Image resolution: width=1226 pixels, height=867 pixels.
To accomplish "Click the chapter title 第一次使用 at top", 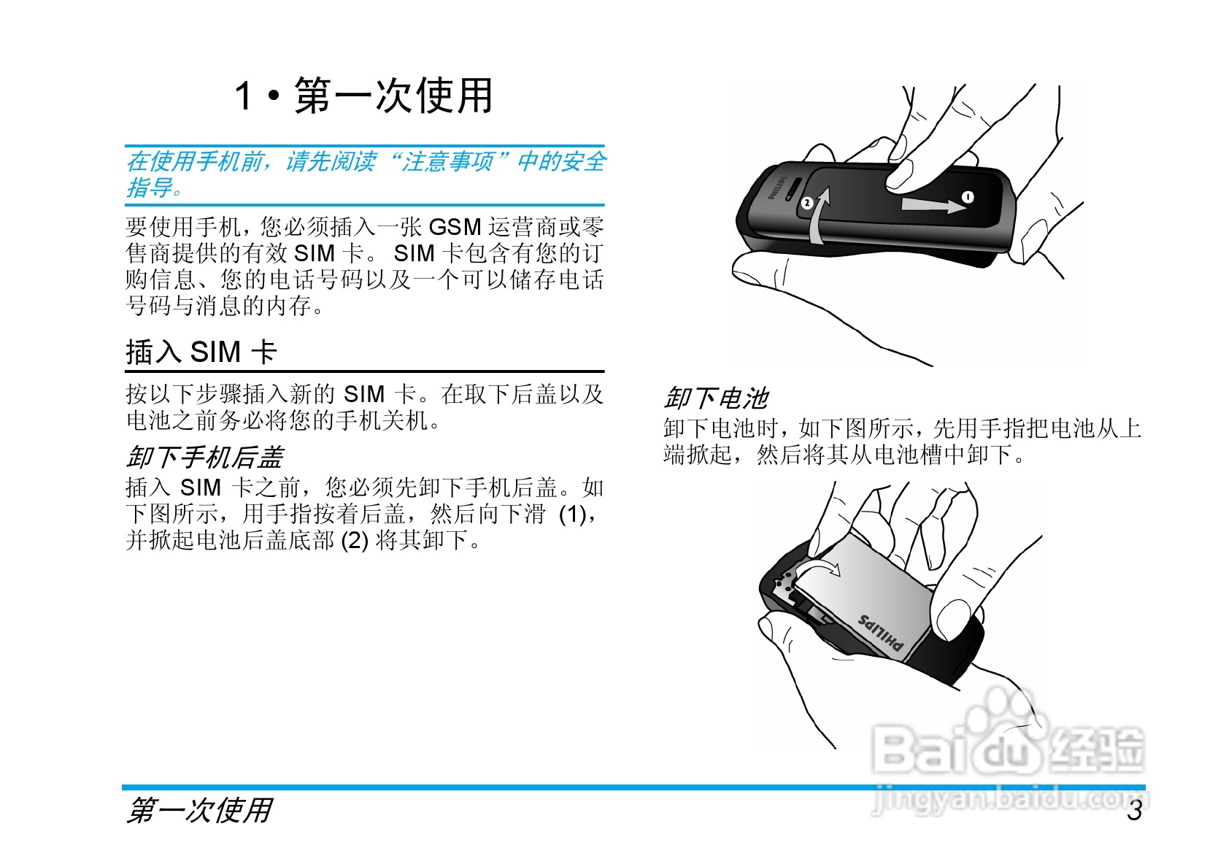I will (x=393, y=96).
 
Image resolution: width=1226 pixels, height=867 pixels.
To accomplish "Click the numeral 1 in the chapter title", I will (x=244, y=96).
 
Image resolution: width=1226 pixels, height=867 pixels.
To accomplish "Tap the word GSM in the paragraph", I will (x=455, y=227).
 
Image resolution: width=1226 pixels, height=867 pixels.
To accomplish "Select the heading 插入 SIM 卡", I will (x=201, y=352).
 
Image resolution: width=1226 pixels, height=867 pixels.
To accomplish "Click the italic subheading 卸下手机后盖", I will (x=204, y=458).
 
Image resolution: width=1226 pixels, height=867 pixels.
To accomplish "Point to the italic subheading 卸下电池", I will (x=716, y=398).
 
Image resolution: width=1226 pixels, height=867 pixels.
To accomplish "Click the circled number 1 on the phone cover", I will (x=968, y=197).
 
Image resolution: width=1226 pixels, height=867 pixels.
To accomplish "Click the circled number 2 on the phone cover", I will (x=806, y=203).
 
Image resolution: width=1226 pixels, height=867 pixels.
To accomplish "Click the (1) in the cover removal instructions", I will (x=573, y=514).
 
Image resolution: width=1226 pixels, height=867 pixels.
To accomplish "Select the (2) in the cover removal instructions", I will (x=355, y=541).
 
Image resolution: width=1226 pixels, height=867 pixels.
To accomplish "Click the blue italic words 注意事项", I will (x=448, y=161).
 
